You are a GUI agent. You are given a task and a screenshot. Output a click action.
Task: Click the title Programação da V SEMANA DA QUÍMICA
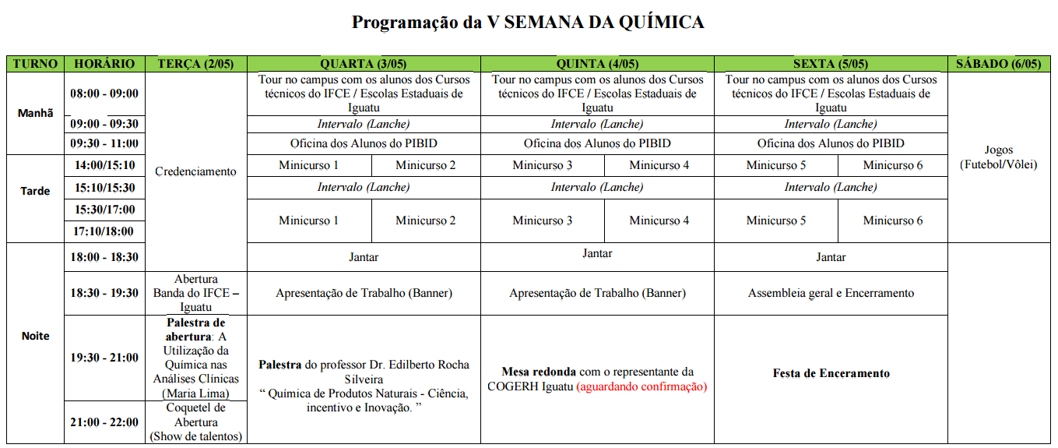click(528, 23)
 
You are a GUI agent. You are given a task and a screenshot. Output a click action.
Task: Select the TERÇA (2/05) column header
click(195, 64)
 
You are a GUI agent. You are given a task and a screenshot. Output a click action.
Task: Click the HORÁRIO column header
click(104, 64)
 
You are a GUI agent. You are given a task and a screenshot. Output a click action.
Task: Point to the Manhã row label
click(36, 113)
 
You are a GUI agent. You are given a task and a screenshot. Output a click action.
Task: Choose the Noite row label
click(36, 336)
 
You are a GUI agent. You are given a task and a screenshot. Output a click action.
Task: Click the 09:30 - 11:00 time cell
click(104, 143)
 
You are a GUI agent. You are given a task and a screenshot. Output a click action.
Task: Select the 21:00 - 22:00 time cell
click(104, 422)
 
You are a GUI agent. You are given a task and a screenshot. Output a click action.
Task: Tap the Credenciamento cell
click(195, 171)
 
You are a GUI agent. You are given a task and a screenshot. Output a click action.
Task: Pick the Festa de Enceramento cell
click(831, 373)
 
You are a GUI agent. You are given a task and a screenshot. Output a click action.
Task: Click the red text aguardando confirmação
click(641, 386)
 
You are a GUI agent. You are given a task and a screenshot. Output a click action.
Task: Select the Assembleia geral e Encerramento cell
click(831, 293)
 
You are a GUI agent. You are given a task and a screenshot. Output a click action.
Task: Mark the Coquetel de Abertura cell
click(195, 422)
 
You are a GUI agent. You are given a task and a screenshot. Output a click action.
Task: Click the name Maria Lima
click(196, 393)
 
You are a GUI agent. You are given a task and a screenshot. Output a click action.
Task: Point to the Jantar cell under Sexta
click(831, 257)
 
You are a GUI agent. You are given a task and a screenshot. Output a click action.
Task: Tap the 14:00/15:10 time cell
click(104, 165)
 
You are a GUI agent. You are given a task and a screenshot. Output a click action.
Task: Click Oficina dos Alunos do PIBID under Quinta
click(597, 143)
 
